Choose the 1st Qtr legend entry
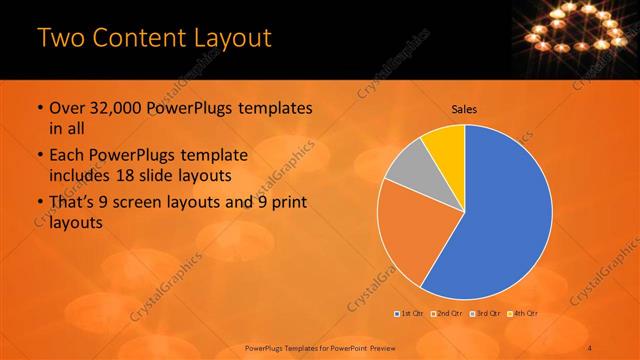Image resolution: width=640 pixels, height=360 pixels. [410, 314]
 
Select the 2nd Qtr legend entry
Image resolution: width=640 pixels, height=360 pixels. [446, 314]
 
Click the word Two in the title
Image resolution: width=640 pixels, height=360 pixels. [62, 39]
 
